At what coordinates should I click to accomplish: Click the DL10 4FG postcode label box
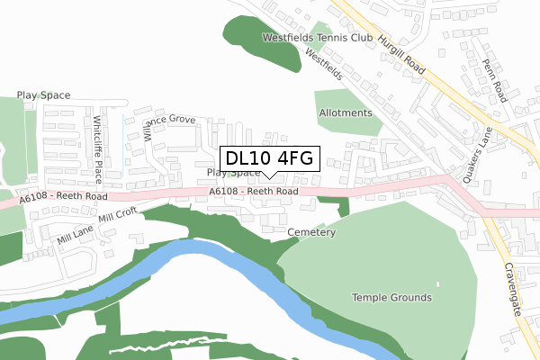(269, 158)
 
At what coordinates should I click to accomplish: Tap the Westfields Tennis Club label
(317, 39)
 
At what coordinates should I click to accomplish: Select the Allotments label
(345, 113)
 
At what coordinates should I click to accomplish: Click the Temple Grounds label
(391, 297)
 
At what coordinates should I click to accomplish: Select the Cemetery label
(310, 232)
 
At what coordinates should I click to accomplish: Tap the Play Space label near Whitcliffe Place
(43, 94)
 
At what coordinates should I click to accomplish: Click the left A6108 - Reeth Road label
(63, 196)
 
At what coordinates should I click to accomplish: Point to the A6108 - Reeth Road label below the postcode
(252, 191)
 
